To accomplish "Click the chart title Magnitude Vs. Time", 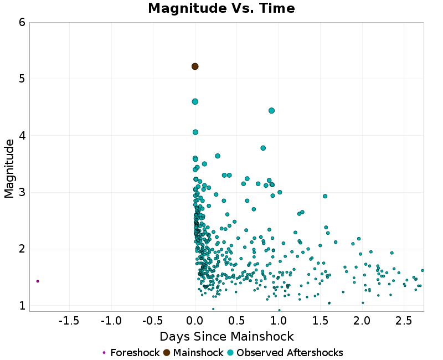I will click(221, 9).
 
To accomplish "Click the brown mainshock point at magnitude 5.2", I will click(195, 66).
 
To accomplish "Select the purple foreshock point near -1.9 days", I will click(38, 281).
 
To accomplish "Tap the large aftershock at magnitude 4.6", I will click(195, 101).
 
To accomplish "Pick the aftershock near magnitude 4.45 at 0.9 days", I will click(271, 110).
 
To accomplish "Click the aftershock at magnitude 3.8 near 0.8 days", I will click(263, 148).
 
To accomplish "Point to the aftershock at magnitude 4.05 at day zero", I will click(195, 132).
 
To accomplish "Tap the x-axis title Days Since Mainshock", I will click(226, 337).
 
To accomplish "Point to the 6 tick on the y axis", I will click(22, 23).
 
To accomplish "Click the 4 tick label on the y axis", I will click(22, 136).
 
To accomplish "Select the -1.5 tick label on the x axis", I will click(69, 321).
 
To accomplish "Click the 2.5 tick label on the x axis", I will click(404, 321).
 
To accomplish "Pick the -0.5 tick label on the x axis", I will click(152, 321).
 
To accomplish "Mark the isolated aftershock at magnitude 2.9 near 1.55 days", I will click(325, 196).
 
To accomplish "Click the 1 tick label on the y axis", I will click(22, 306).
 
